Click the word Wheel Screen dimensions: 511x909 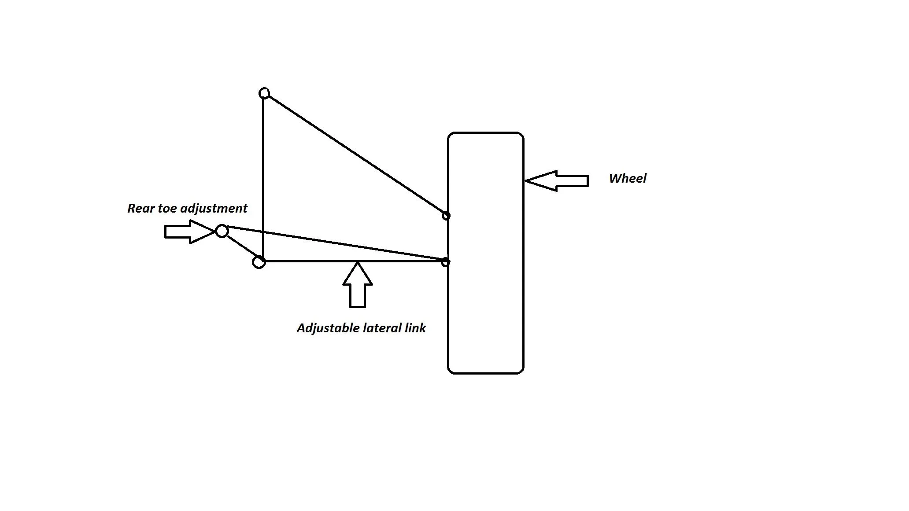pyautogui.click(x=627, y=178)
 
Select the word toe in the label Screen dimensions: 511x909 pyautogui.click(x=168, y=208)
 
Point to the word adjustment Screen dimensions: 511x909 pyautogui.click(x=214, y=208)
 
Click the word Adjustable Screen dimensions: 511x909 pyautogui.click(x=328, y=328)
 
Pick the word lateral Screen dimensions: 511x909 pyautogui.click(x=382, y=328)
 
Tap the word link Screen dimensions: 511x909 pyautogui.click(x=415, y=328)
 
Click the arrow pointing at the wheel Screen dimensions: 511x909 pyautogui.click(x=557, y=181)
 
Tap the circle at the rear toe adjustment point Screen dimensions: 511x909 pyautogui.click(x=222, y=231)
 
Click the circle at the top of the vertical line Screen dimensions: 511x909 pyautogui.click(x=264, y=93)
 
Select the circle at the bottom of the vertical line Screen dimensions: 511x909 pyautogui.click(x=259, y=262)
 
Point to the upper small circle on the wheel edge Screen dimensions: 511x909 pyautogui.click(x=446, y=216)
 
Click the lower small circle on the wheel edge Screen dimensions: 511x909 pyautogui.click(x=445, y=262)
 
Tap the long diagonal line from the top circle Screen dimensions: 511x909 pyautogui.click(x=355, y=154)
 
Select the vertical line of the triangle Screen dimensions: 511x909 pyautogui.click(x=263, y=176)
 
